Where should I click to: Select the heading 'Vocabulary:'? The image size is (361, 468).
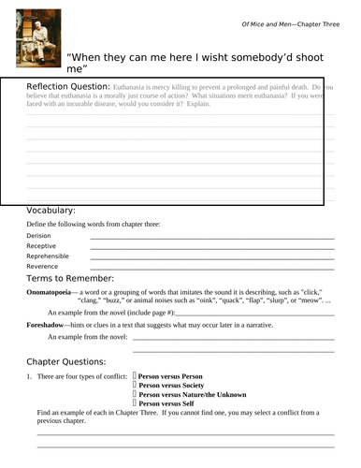[51, 211]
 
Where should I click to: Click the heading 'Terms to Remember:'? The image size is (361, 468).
[70, 278]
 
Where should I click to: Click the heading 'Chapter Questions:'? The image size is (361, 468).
[66, 360]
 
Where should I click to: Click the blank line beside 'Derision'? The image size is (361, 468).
[211, 239]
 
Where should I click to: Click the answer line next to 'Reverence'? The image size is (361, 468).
[211, 269]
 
